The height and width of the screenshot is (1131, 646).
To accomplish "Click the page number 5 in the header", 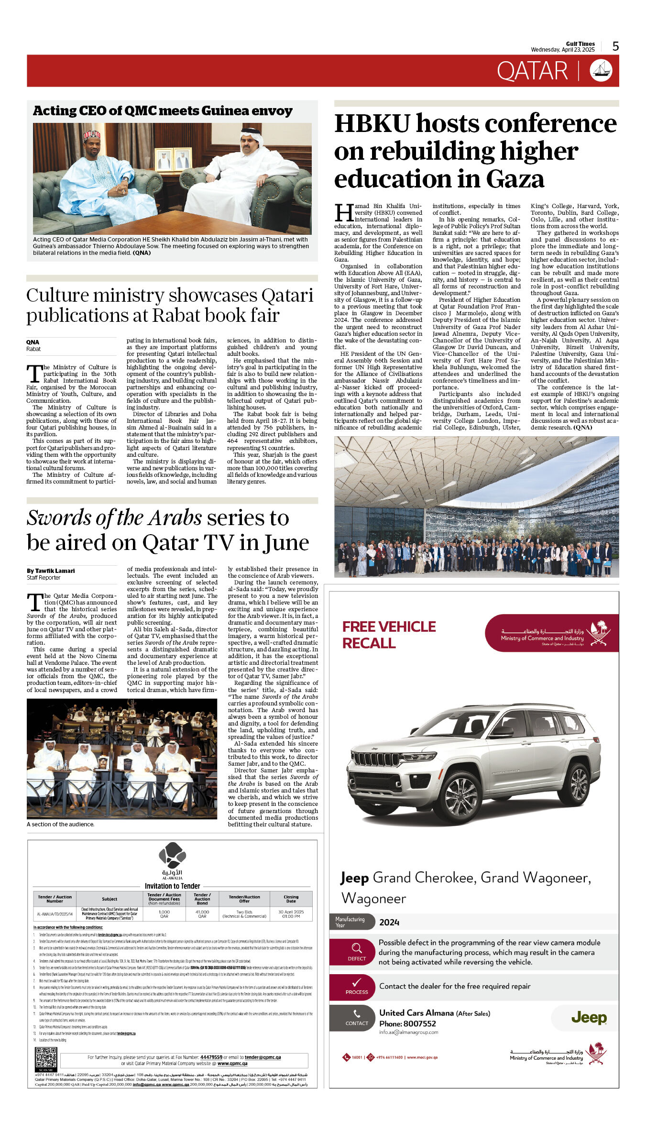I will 615,46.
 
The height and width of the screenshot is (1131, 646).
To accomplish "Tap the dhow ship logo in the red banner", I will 601,71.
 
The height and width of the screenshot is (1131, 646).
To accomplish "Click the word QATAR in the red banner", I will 532,71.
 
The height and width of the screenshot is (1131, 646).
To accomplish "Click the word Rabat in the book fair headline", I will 174,316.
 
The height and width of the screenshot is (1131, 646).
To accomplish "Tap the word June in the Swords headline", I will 285,543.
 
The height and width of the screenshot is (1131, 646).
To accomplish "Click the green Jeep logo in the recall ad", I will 589,1018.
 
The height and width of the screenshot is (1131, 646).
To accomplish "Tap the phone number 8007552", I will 419,1024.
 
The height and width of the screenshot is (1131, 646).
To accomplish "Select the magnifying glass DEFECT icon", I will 357,948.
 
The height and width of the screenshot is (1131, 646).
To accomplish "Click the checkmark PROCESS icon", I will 357,983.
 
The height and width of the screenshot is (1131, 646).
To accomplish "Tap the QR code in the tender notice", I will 46,1058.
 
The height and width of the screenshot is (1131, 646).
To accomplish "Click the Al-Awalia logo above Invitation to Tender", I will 172,856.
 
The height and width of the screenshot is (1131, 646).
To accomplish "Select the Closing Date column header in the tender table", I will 291,899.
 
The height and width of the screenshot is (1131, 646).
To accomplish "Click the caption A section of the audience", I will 61,824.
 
